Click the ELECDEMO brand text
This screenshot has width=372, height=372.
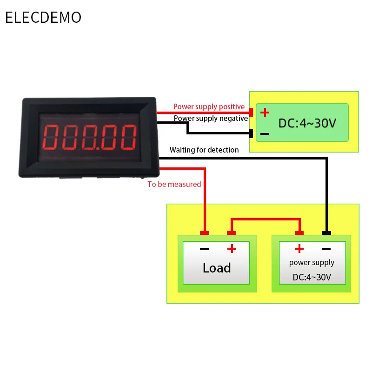click(x=43, y=18)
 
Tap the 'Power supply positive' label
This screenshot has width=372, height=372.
click(x=209, y=107)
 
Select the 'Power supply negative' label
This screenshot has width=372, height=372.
click(x=211, y=118)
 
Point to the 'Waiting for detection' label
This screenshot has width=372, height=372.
click(x=204, y=150)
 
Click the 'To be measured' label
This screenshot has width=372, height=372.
click(x=174, y=184)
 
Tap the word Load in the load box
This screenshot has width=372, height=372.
click(x=217, y=268)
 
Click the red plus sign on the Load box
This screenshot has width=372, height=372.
click(x=232, y=249)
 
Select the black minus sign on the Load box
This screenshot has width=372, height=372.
click(x=204, y=249)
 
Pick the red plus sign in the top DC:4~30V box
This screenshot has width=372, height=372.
click(x=265, y=113)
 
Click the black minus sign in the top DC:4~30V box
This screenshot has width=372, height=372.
click(x=265, y=134)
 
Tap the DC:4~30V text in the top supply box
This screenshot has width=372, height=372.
click(x=307, y=124)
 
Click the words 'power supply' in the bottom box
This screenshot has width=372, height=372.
click(x=312, y=262)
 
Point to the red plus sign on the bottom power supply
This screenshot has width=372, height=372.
click(x=299, y=249)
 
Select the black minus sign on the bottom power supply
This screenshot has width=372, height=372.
click(x=326, y=249)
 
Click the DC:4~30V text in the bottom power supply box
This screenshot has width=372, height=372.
click(x=312, y=277)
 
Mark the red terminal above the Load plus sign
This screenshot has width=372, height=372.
click(x=232, y=233)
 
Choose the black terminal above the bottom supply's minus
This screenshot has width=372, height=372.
click(x=326, y=233)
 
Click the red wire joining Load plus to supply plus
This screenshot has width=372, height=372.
click(x=265, y=219)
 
